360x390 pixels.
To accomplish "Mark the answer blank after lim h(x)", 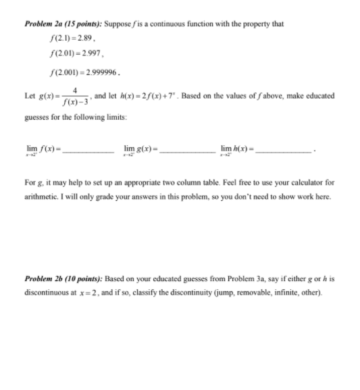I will [284, 149].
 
